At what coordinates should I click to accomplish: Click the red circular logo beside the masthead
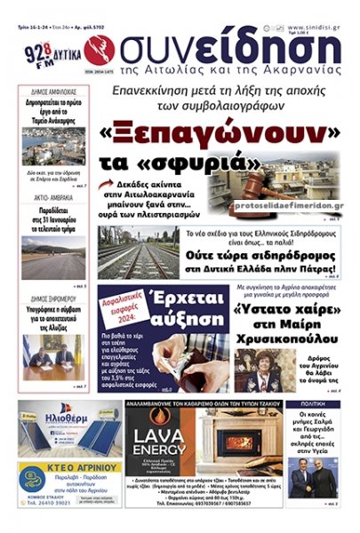coord(92,49)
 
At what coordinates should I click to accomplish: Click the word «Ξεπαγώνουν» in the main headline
coord(226,132)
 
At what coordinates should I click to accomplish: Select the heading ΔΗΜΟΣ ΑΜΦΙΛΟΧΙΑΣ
coord(49,91)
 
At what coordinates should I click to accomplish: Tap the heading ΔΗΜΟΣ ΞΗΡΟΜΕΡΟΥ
coord(51,298)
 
